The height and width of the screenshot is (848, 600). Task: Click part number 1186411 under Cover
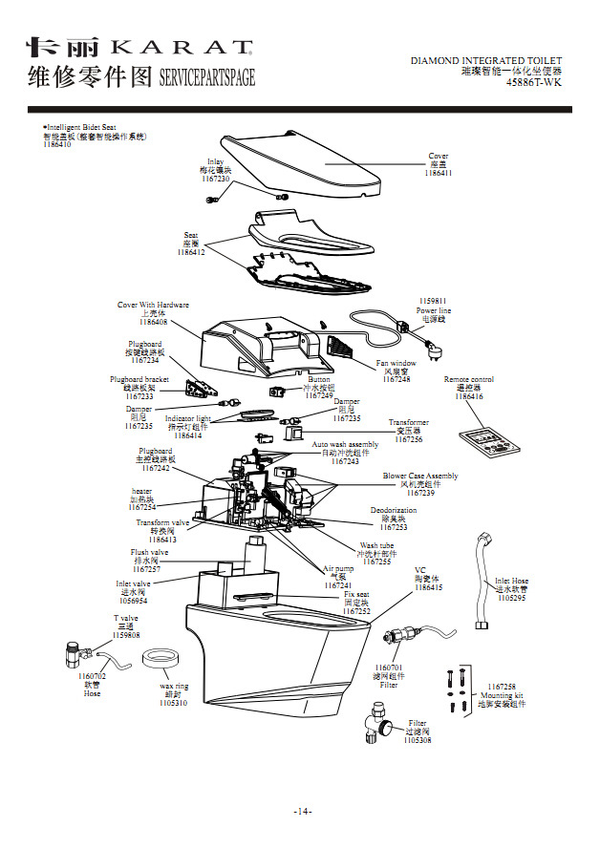(x=439, y=173)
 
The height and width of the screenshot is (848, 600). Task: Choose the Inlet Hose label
(x=511, y=581)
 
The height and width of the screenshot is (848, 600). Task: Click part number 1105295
(x=511, y=598)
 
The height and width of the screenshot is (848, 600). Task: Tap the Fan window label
(x=396, y=363)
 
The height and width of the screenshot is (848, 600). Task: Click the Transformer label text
(x=409, y=422)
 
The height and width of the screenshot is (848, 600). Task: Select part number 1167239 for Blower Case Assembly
(x=420, y=493)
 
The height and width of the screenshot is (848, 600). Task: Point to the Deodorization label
(x=394, y=510)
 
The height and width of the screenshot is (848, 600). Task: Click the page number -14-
(x=303, y=812)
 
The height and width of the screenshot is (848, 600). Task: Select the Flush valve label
(x=149, y=552)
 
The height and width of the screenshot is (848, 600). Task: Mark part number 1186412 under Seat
(x=190, y=252)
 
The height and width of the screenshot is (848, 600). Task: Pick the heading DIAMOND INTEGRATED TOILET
(x=486, y=61)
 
